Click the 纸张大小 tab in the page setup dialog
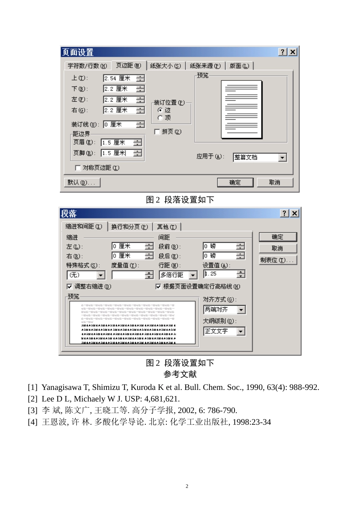(165, 66)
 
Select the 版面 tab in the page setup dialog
(239, 66)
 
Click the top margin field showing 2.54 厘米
(119, 79)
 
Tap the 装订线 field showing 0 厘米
(119, 124)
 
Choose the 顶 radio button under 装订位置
(160, 118)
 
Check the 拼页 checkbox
(157, 132)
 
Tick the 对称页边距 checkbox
(78, 168)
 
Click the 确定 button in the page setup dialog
(235, 182)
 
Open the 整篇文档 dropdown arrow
(282, 157)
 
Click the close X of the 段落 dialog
(294, 213)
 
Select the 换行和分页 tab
(129, 227)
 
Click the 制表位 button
(277, 260)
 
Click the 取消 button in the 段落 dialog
(277, 248)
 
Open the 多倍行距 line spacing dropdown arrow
(193, 275)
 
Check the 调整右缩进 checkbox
(69, 287)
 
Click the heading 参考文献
(180, 374)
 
